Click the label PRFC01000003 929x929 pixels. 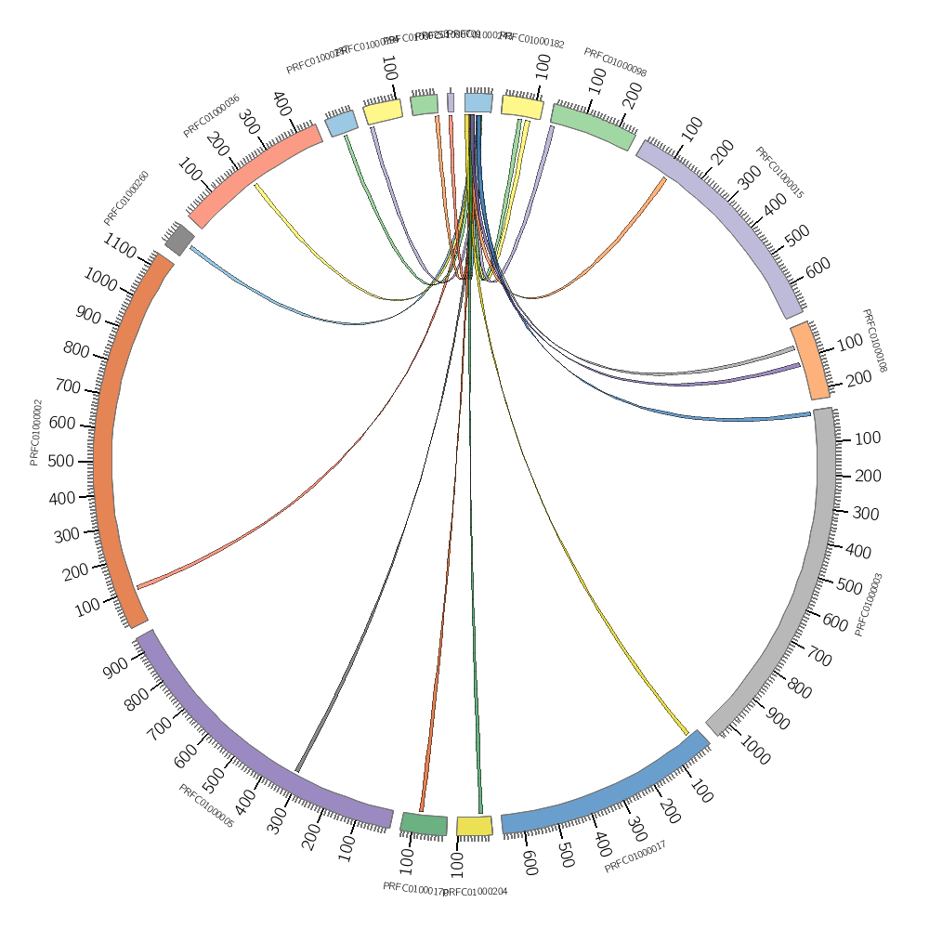coord(869,604)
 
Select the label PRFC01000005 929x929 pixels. coord(205,805)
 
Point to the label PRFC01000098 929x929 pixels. coord(615,62)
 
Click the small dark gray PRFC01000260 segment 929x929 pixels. coord(179,240)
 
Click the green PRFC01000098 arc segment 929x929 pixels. coord(593,126)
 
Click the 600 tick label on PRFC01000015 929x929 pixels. coord(818,268)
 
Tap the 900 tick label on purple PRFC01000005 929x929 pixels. coord(117,667)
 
